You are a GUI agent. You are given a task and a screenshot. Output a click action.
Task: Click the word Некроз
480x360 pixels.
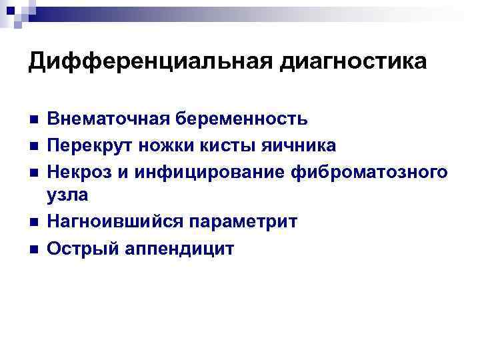[x=81, y=171]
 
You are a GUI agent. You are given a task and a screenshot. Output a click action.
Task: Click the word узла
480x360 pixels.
[x=67, y=195]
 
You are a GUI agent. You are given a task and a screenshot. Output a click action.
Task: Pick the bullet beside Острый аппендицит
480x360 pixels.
[x=33, y=249]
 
